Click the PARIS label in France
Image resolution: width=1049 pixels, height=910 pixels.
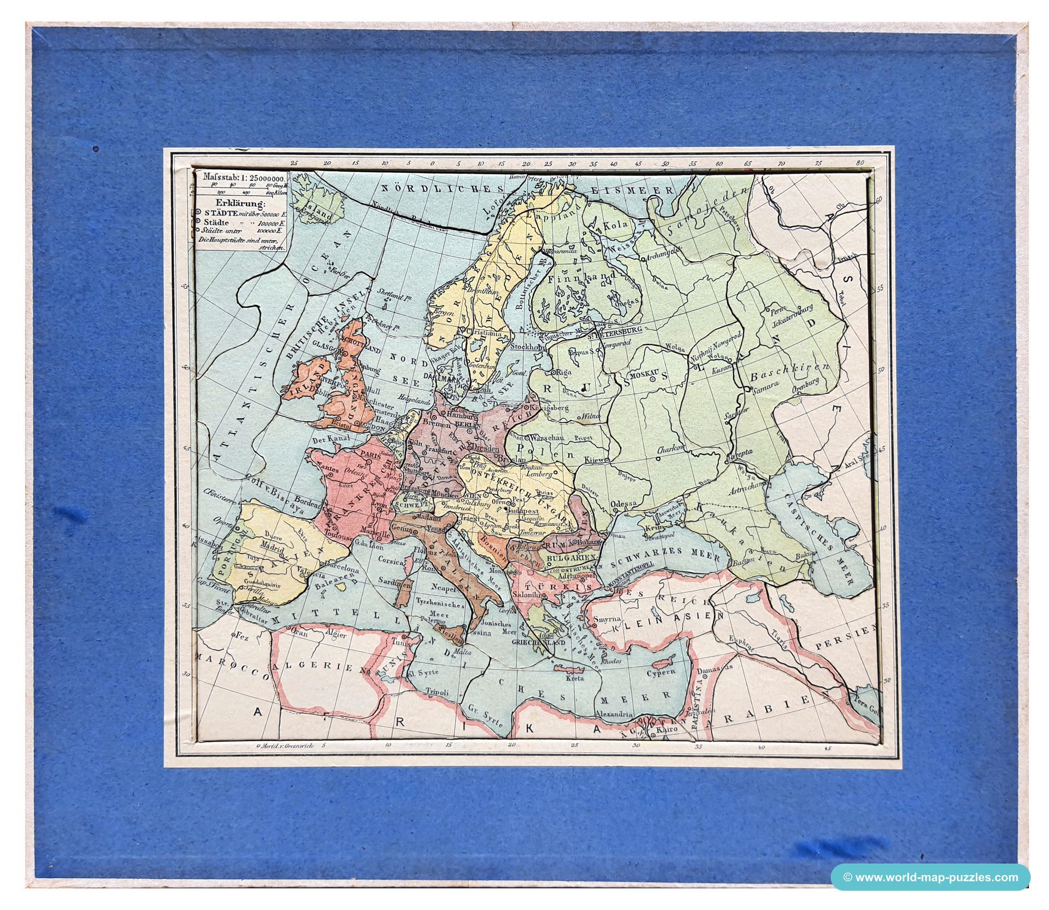pos(369,453)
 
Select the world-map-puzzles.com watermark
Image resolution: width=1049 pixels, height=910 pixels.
pos(930,877)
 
